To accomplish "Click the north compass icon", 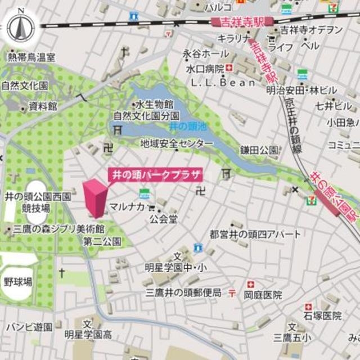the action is [x=21, y=26].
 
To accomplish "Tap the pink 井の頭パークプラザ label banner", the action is [x=154, y=174].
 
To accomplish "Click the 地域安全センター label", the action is [x=177, y=143].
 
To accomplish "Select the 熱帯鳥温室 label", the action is [x=31, y=57].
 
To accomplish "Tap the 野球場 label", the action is [x=18, y=281].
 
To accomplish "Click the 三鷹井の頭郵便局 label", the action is [x=183, y=292].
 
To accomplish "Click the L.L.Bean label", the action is [x=222, y=82].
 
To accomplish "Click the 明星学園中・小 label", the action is [x=175, y=267].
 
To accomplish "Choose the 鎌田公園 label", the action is [x=259, y=150].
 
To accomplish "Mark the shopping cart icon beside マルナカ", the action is [x=151, y=207].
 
